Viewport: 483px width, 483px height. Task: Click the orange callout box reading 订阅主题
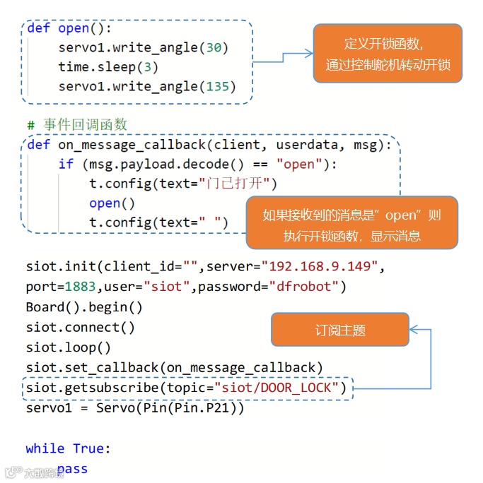pos(340,330)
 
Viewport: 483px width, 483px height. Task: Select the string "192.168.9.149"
pos(322,267)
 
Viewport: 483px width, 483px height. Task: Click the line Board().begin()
pos(84,307)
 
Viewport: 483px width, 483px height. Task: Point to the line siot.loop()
pos(69,347)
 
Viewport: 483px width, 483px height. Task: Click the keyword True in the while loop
pos(88,448)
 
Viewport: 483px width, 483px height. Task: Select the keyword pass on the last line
pos(73,469)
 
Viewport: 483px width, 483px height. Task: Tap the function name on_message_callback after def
pos(132,145)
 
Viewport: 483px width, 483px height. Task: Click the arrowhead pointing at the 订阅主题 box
pos(415,329)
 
